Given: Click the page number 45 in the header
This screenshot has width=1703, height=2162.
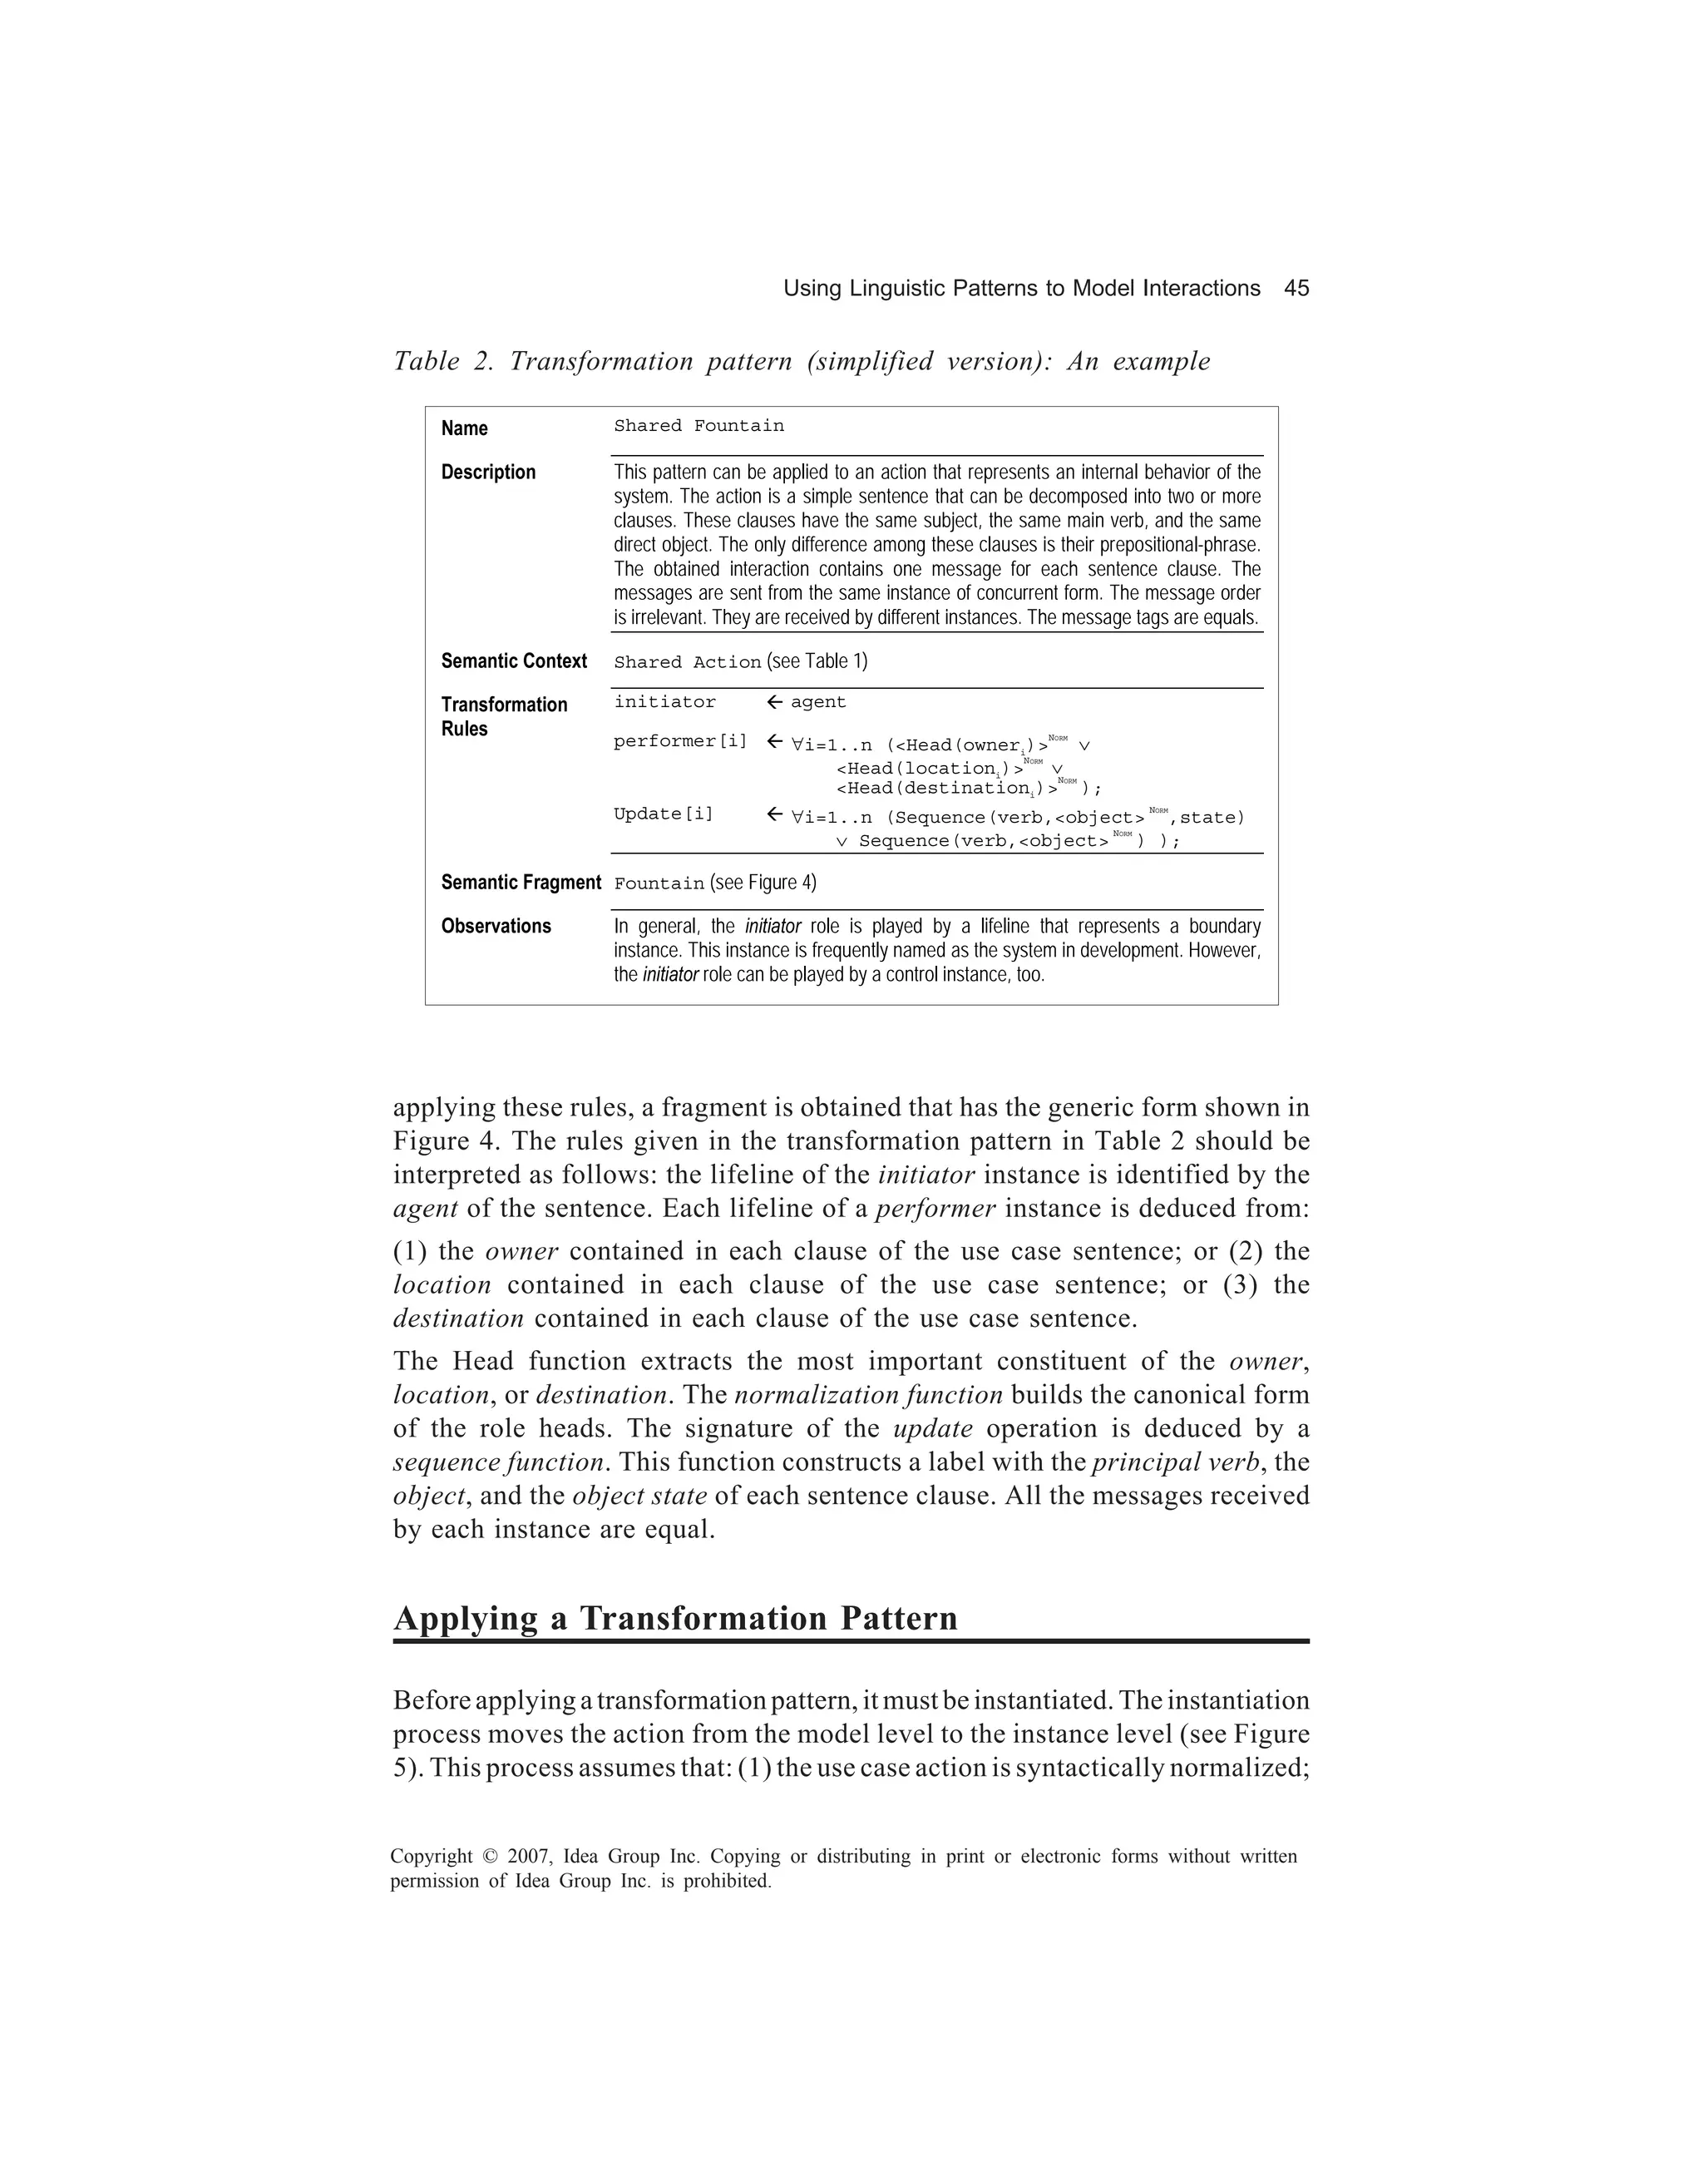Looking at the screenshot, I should pyautogui.click(x=1296, y=288).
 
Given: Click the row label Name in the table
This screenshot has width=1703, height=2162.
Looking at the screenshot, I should pyautogui.click(x=464, y=428).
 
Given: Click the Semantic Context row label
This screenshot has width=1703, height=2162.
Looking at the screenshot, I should pyautogui.click(x=514, y=661).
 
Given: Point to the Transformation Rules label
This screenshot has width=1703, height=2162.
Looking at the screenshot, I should pyautogui.click(x=504, y=716).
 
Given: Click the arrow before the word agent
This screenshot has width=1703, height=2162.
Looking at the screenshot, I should pyautogui.click(x=773, y=702).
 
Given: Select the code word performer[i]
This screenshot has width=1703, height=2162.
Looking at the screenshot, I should pyautogui.click(x=680, y=741).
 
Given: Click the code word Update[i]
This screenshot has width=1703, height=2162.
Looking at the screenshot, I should pyautogui.click(x=663, y=814).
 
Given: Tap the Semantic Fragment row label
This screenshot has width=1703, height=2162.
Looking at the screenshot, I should pyautogui.click(x=521, y=883).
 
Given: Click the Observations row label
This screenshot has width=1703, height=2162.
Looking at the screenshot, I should pyautogui.click(x=496, y=927).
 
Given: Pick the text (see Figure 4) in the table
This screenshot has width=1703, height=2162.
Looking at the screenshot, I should pyautogui.click(x=763, y=883).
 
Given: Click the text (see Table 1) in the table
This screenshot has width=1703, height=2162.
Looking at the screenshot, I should pyautogui.click(x=817, y=661).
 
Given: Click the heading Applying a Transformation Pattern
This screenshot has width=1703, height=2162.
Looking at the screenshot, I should pyautogui.click(x=675, y=1617).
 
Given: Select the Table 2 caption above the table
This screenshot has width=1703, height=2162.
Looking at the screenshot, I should pyautogui.click(x=801, y=361).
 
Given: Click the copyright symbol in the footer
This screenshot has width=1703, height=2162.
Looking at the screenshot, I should pyautogui.click(x=490, y=1857).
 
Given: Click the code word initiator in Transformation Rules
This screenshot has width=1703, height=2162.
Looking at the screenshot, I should pyautogui.click(x=664, y=702).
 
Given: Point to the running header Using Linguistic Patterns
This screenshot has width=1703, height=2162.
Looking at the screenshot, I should pyautogui.click(x=1021, y=288).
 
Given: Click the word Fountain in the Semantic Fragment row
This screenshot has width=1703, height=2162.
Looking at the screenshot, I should pyautogui.click(x=658, y=883).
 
